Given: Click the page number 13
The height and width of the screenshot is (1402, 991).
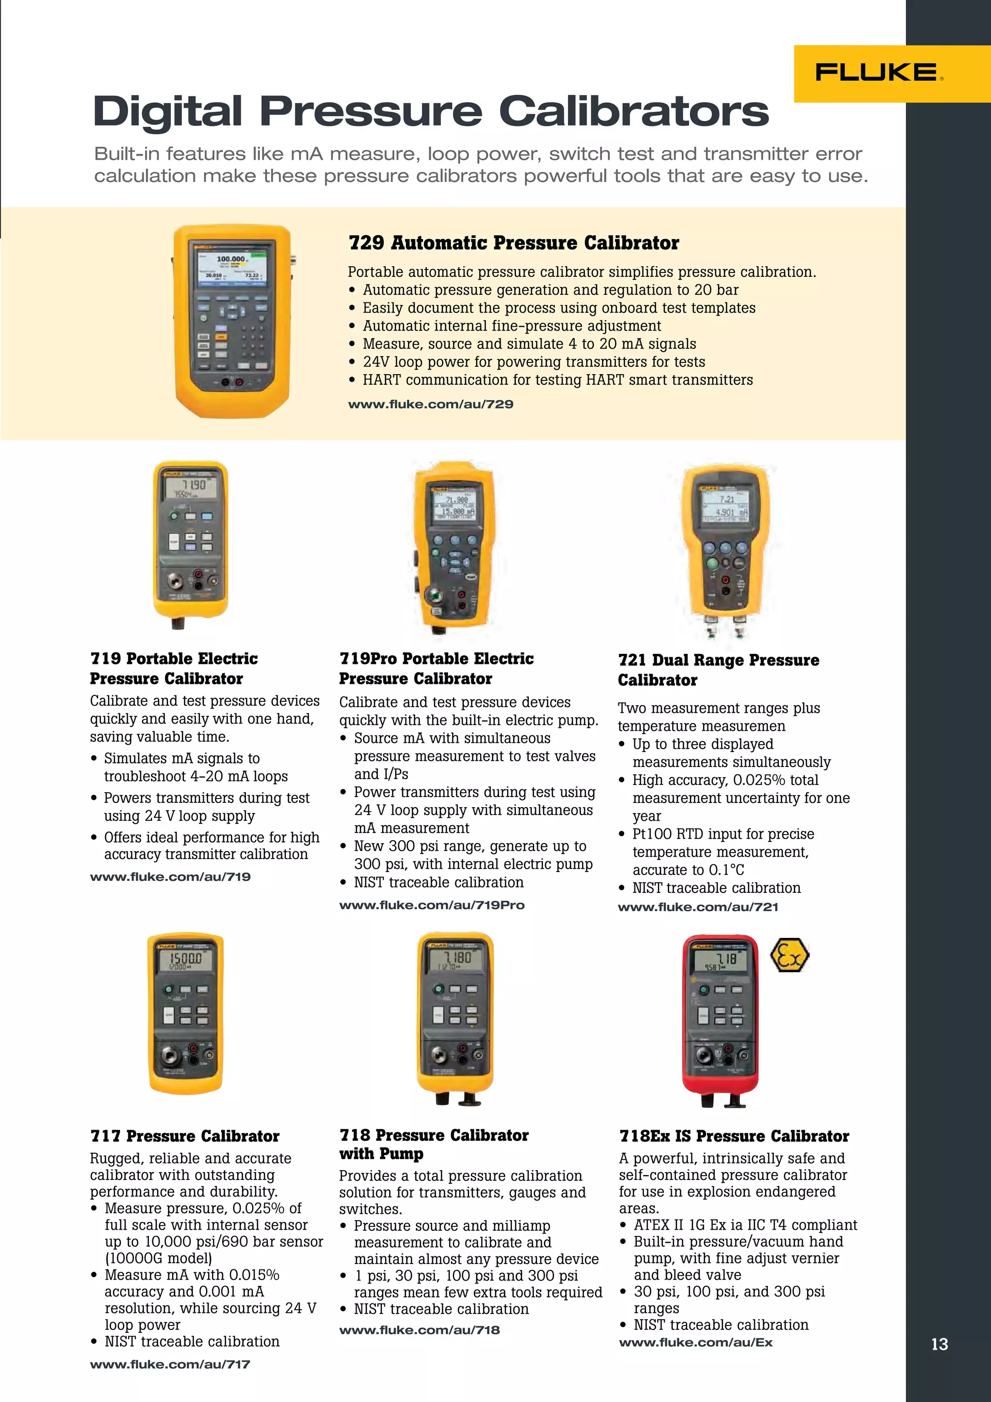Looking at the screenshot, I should point(939,1344).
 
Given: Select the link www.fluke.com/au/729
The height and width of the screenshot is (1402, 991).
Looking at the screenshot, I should point(431,404).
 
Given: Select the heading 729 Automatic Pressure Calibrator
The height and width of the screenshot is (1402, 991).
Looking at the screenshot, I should point(513,243).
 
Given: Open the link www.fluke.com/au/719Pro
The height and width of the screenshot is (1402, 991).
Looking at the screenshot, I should point(432,905).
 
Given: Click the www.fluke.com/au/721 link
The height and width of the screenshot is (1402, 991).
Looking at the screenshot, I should point(698,907).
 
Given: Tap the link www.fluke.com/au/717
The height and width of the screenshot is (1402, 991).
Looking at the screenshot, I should point(170,1364).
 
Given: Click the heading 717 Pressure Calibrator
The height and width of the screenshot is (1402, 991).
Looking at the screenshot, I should point(184,1136).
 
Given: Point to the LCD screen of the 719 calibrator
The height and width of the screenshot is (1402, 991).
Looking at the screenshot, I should point(191,488).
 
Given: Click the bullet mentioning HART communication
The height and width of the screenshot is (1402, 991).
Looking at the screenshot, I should point(557,380).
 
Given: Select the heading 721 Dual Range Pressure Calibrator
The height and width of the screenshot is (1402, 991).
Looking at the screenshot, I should point(718,669).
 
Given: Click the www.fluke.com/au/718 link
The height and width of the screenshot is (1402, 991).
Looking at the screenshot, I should point(420,1330).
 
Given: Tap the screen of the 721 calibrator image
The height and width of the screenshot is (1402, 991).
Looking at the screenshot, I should point(725,505).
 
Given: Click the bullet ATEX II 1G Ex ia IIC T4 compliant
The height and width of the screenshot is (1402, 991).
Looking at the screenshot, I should point(745,1225).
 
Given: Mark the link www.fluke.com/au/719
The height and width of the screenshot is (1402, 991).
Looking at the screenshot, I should point(170,877).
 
